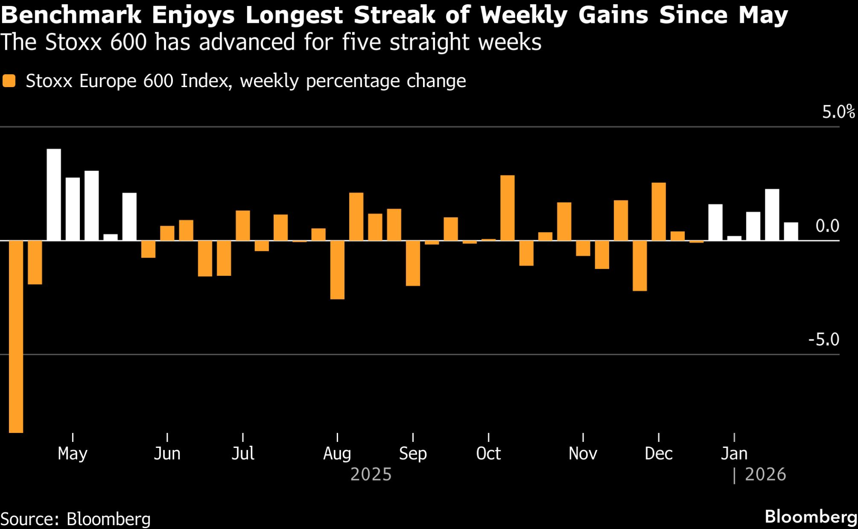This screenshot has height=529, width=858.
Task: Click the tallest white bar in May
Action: pyautogui.click(x=54, y=194)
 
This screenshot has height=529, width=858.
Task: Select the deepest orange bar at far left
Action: pyautogui.click(x=16, y=336)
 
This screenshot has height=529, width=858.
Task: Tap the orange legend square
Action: pyautogui.click(x=9, y=81)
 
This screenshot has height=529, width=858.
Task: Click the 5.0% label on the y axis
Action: pyautogui.click(x=838, y=112)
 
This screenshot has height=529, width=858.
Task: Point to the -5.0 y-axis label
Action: pyautogui.click(x=824, y=339)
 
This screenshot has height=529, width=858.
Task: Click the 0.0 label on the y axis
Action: pyautogui.click(x=827, y=226)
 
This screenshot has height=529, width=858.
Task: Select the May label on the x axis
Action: pyautogui.click(x=73, y=453)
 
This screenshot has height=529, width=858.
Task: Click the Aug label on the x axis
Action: pyautogui.click(x=337, y=453)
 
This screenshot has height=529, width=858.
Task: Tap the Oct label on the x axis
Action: pyautogui.click(x=488, y=453)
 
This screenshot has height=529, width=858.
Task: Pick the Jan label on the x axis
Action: pyautogui.click(x=734, y=453)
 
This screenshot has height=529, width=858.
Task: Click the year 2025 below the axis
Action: pyautogui.click(x=371, y=475)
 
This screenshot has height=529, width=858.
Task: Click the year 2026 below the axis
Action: pyautogui.click(x=765, y=475)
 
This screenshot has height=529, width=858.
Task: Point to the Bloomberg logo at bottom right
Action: pyautogui.click(x=811, y=517)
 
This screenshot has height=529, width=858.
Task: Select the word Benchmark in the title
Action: pyautogui.click(x=71, y=15)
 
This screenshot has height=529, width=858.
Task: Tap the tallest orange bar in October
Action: pyautogui.click(x=508, y=208)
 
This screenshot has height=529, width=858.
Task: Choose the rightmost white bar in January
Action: pyautogui.click(x=791, y=231)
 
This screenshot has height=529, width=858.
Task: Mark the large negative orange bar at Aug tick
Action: pyautogui.click(x=337, y=270)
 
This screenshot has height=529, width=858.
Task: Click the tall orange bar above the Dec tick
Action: pyautogui.click(x=659, y=212)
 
